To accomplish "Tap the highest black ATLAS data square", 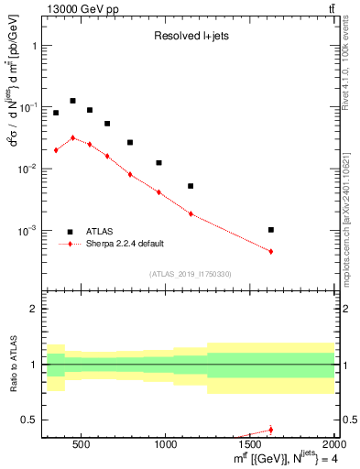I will pos(72,101).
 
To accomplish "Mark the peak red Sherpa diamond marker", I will pos(72,137).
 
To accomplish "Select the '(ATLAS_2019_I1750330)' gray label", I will pos(190,274).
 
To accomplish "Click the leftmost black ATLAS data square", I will pos(56,113).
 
